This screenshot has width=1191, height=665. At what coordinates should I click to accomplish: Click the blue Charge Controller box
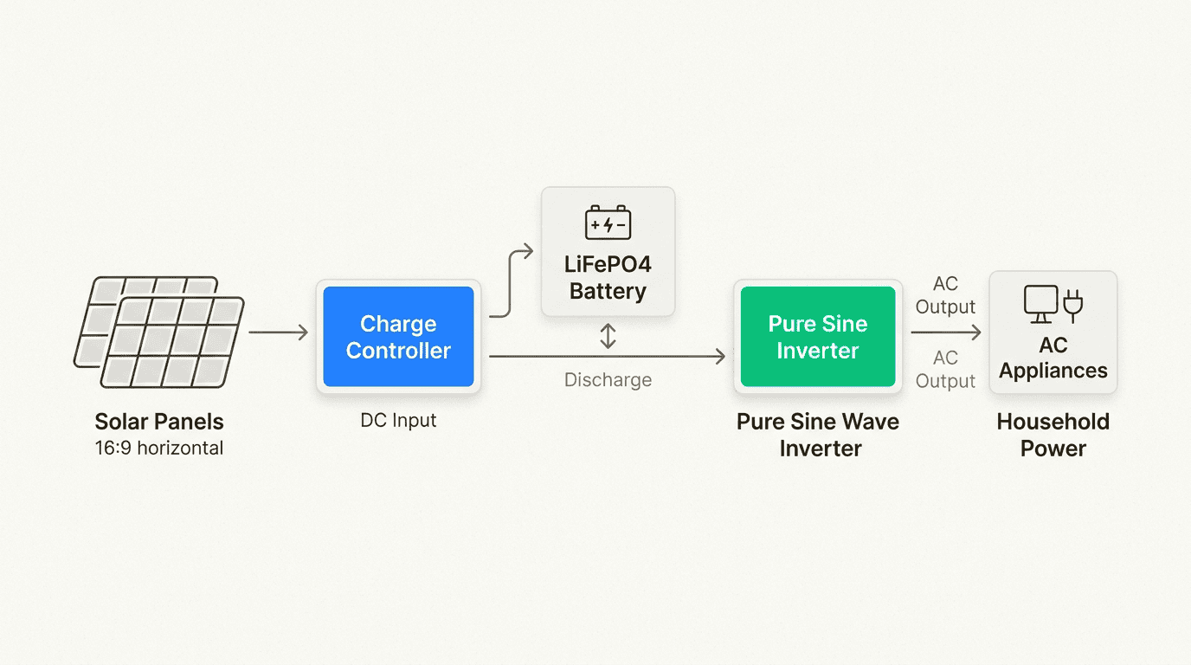(398, 337)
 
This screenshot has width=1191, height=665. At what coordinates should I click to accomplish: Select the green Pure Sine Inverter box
(817, 337)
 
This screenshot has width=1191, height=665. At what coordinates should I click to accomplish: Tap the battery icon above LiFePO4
(608, 223)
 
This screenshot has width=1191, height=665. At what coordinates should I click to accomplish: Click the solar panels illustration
(159, 332)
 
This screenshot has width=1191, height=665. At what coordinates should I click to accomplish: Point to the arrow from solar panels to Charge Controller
(278, 332)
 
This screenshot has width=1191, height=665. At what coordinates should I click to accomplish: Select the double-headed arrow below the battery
(608, 336)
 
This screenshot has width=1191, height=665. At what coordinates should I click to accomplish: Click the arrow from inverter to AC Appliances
(946, 332)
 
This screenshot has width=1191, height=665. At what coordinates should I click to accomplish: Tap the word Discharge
(608, 380)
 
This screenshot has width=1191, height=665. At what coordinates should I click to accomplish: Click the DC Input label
(398, 421)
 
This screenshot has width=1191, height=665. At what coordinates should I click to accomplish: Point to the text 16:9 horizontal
(159, 449)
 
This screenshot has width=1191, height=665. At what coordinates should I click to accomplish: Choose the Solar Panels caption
(159, 423)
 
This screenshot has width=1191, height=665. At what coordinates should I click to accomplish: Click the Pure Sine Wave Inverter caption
(817, 435)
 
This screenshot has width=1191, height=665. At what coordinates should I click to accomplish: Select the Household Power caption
(1053, 435)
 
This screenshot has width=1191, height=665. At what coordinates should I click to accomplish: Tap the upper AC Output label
(945, 295)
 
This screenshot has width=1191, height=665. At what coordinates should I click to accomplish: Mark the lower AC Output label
(945, 370)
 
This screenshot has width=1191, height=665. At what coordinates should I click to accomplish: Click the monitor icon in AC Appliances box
(1040, 303)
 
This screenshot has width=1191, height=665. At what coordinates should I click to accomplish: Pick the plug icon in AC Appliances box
(1073, 305)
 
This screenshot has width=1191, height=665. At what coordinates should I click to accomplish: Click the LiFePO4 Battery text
(608, 277)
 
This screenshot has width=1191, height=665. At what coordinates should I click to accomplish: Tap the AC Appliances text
(1053, 358)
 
